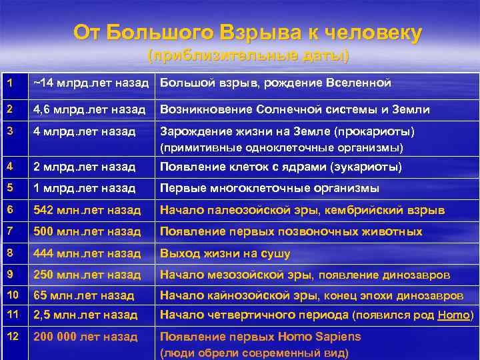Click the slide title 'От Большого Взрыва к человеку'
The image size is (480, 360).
(x=247, y=33)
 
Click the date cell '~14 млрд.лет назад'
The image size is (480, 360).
(x=92, y=83)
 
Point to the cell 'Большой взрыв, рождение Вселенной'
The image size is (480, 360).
(x=275, y=83)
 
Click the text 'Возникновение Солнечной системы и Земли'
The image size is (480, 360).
(x=294, y=109)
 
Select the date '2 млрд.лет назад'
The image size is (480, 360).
(x=84, y=167)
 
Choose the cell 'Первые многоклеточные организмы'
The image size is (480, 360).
(x=269, y=188)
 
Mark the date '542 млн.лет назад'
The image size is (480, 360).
(x=87, y=210)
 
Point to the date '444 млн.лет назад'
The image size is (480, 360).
(x=87, y=253)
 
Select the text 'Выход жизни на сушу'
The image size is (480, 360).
(x=224, y=253)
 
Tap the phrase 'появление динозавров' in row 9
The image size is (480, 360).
(x=385, y=275)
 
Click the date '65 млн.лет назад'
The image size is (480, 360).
(x=84, y=295)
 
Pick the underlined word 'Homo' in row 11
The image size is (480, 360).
(x=454, y=315)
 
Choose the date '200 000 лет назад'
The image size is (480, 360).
(x=85, y=336)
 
